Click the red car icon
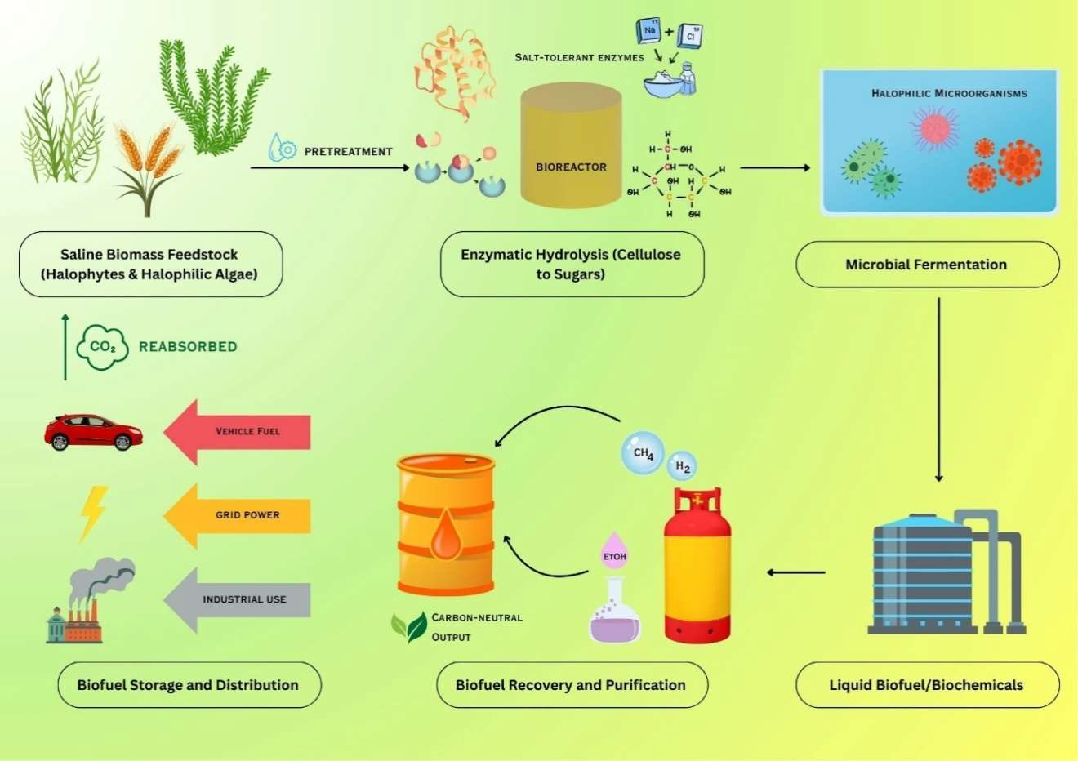(93, 433)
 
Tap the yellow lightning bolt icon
(93, 514)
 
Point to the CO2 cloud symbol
(102, 347)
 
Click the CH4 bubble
(643, 452)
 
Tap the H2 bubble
(682, 466)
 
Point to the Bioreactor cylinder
(571, 147)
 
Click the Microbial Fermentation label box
(927, 265)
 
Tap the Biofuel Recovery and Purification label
(571, 685)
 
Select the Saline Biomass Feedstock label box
(150, 265)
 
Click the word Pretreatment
(348, 151)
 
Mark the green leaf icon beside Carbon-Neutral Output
(409, 626)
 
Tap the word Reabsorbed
(188, 347)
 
